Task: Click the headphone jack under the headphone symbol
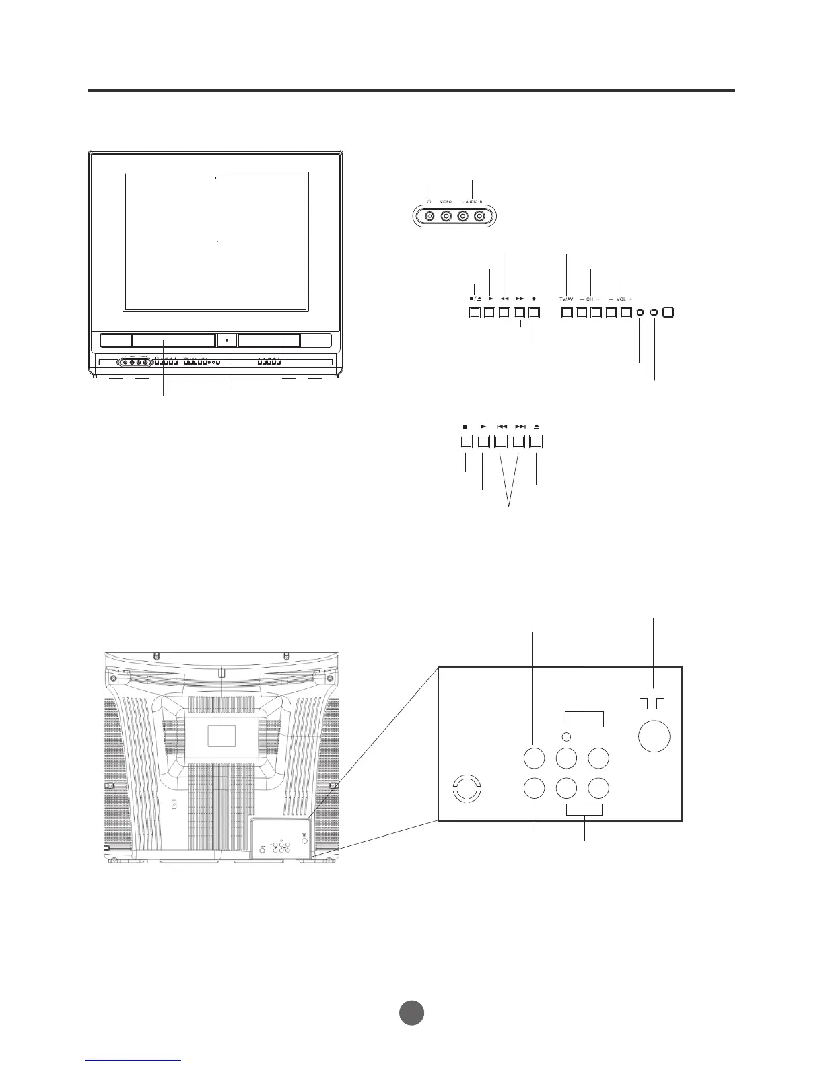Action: (430, 216)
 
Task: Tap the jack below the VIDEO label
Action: (446, 216)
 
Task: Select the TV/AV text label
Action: (566, 298)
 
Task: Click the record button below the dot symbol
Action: (535, 313)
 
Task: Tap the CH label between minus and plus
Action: (589, 298)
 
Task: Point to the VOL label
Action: (621, 298)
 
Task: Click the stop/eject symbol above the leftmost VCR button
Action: (475, 298)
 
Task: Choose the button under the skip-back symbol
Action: (501, 442)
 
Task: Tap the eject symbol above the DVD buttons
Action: (537, 427)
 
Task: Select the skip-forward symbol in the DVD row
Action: (520, 427)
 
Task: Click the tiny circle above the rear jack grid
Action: (566, 736)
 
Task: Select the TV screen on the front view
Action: (216, 242)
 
